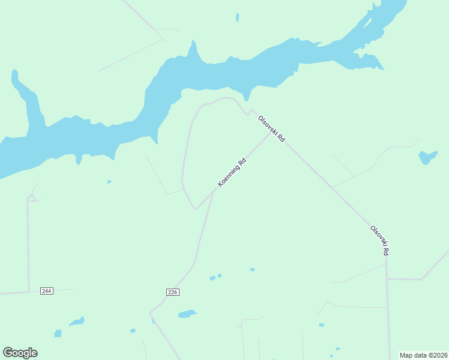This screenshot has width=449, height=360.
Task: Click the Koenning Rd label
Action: tap(232, 172)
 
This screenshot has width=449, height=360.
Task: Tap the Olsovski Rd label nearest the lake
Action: tap(271, 128)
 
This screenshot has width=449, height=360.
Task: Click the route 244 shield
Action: tap(47, 291)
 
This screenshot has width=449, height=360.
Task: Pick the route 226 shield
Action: tap(173, 292)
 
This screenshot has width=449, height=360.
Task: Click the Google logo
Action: tap(20, 353)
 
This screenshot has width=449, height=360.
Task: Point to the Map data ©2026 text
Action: tap(423, 355)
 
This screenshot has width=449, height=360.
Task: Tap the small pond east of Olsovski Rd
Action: tap(427, 157)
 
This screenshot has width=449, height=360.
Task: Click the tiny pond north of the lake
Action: tap(238, 17)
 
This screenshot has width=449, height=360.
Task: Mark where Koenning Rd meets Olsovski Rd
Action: tap(270, 134)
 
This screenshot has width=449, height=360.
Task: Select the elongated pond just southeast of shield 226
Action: tap(187, 314)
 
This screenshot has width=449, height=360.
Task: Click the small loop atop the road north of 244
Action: tap(31, 197)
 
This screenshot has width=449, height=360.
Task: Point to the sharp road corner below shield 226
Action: tap(151, 313)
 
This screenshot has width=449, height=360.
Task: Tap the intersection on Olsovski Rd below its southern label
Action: tap(387, 279)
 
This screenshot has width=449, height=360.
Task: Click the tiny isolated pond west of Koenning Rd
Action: tap(109, 182)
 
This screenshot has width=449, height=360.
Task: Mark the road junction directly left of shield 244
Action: tap(28, 292)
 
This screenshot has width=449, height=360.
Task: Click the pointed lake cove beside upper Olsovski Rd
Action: tap(247, 97)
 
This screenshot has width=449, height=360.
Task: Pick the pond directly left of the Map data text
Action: tap(338, 349)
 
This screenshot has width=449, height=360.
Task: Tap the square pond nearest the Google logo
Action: tap(58, 333)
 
